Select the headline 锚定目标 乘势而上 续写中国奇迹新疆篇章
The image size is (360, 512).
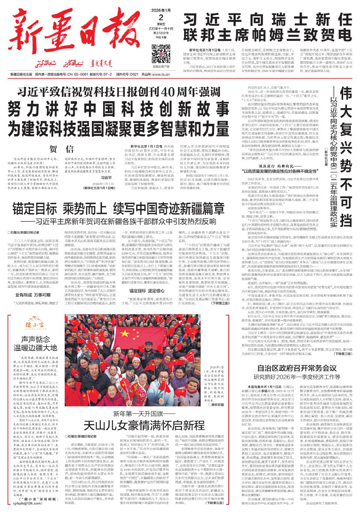(118, 208)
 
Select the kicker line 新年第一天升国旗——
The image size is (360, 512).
(144, 414)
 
